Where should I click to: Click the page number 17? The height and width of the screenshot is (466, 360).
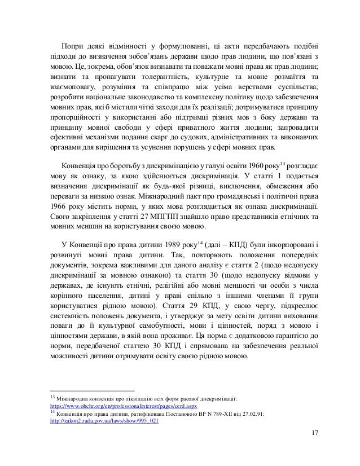314,449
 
